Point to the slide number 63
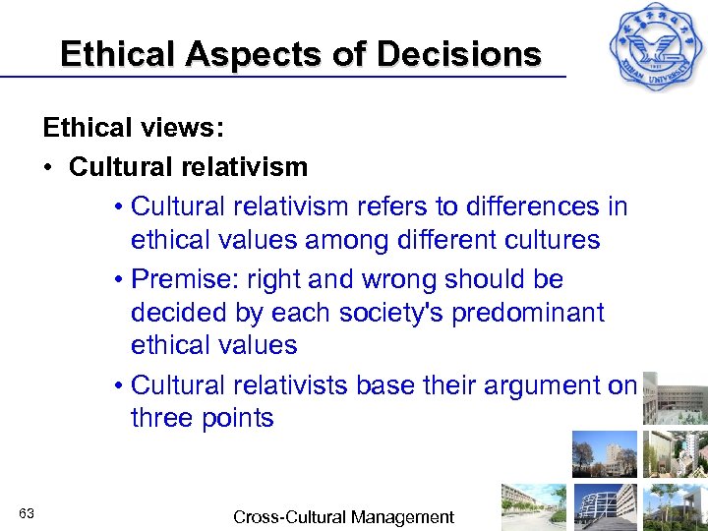pos(27,513)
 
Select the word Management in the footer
pos(403,516)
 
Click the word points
pos(239,418)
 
